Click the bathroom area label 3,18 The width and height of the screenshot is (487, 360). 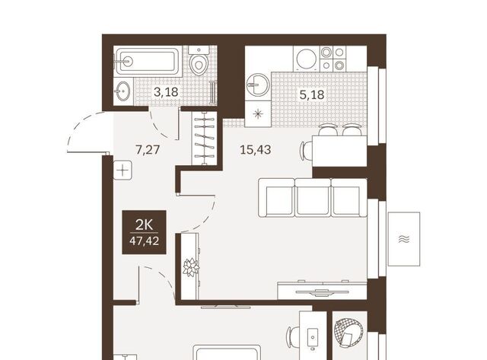click(166, 92)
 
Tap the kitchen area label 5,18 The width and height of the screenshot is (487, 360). click(312, 94)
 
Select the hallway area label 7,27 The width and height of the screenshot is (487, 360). click(148, 150)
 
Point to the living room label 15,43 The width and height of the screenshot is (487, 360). click(256, 150)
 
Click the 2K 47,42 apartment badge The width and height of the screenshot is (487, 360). click(144, 232)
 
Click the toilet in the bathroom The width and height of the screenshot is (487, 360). click(199, 61)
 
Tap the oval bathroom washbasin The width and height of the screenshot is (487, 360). click(123, 91)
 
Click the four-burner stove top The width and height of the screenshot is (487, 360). click(333, 58)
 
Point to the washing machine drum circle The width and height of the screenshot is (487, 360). click(307, 59)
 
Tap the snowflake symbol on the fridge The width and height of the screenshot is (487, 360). click(258, 114)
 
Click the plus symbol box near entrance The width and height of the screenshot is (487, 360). click(123, 170)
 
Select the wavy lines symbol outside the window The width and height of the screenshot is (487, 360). click(404, 239)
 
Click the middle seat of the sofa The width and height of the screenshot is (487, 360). click(313, 198)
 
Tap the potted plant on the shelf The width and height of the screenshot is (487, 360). click(191, 267)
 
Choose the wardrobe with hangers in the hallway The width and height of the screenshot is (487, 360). click(204, 138)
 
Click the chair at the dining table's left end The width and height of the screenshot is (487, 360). click(306, 151)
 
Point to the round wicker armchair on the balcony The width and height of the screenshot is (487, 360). click(348, 333)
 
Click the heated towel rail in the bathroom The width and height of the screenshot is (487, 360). click(213, 92)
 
